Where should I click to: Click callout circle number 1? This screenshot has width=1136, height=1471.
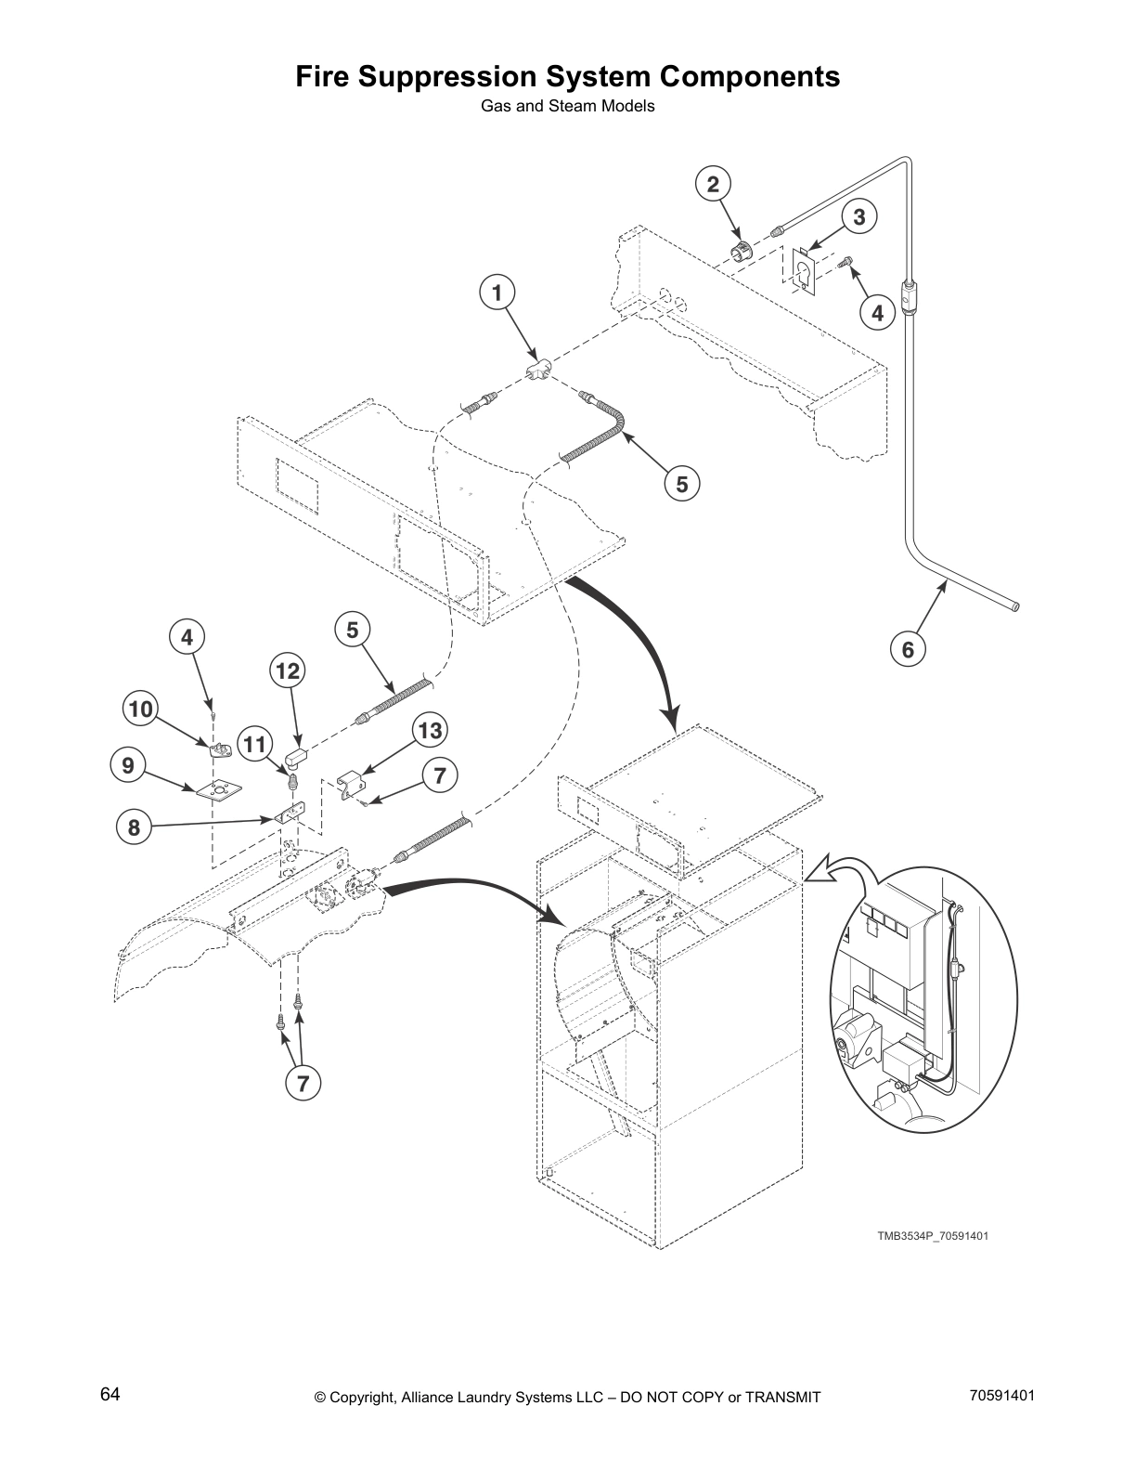(x=497, y=293)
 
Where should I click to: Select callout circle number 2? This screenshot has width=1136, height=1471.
(x=713, y=184)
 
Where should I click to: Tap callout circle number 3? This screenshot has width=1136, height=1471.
(x=859, y=216)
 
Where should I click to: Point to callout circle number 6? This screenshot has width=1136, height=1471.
(x=908, y=649)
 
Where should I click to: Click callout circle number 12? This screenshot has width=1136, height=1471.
(x=289, y=670)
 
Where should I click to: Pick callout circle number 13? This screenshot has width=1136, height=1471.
(x=430, y=730)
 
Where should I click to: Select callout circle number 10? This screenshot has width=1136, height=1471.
(x=140, y=710)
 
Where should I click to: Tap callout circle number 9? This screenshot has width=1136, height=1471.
(x=128, y=766)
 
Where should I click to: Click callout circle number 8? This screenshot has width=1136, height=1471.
(x=134, y=827)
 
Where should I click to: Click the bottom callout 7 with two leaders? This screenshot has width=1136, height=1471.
(x=303, y=1082)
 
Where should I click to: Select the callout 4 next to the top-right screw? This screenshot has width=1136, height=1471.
(x=878, y=313)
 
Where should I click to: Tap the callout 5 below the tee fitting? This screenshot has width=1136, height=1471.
(x=682, y=484)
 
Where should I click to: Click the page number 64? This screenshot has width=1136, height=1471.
(x=110, y=1394)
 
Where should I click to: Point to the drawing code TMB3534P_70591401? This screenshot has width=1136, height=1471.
(x=926, y=1236)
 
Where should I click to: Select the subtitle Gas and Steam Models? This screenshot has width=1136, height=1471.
(x=567, y=106)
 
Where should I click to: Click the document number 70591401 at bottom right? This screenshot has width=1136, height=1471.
(x=1001, y=1395)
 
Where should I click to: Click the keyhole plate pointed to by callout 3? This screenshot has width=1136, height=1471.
(x=801, y=270)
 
